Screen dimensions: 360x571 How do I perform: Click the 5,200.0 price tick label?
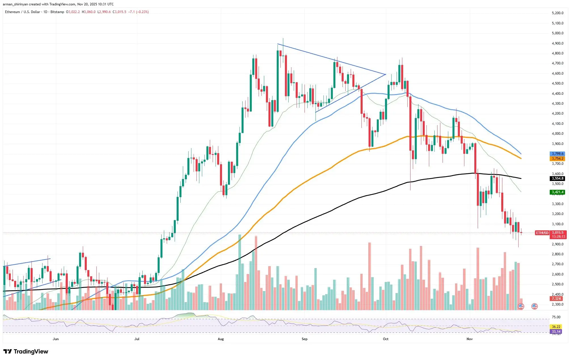557,13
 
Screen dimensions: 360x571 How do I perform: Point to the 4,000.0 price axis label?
557,134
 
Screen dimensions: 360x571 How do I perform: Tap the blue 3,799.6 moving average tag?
557,154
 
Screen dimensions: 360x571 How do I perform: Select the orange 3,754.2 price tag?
557,159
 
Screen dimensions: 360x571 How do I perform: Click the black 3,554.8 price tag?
557,178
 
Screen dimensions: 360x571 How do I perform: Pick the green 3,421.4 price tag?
557,192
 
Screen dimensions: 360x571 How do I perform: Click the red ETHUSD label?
542,233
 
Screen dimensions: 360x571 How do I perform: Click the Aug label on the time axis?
221,339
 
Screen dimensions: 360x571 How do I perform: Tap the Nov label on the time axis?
470,339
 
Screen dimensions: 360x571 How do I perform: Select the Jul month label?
137,339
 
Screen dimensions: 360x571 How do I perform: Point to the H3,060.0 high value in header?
89,12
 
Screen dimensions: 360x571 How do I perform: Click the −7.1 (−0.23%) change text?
139,12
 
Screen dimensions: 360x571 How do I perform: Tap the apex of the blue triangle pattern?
385,74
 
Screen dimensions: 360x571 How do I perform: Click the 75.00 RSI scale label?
556,317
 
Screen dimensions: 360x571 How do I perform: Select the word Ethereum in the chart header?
12,12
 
